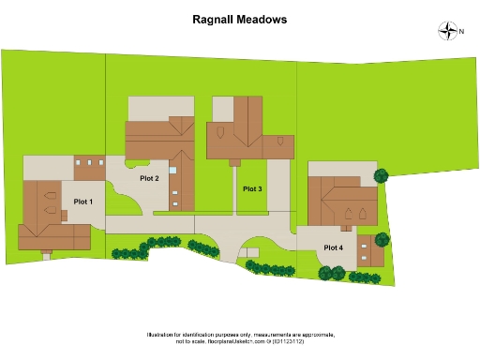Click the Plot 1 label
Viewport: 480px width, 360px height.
point(83,201)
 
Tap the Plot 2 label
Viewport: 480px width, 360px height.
point(149,178)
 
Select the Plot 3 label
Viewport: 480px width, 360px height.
point(252,189)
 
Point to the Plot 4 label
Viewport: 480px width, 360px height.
point(334,247)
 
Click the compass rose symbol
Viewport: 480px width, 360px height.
point(446,31)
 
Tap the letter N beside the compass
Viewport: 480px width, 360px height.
point(461,31)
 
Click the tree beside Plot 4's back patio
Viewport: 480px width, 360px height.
point(382,175)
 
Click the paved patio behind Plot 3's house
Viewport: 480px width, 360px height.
point(222,108)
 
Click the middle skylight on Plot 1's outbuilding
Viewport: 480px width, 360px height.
point(89,163)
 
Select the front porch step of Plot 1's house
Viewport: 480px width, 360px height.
point(46,254)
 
